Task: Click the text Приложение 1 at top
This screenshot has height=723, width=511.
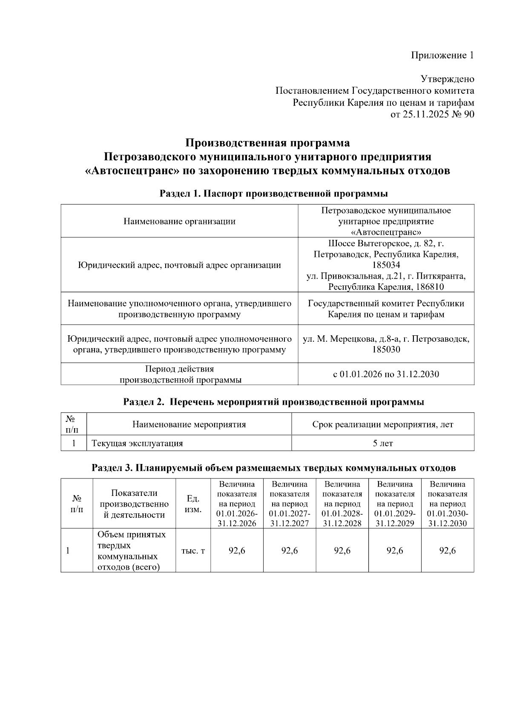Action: pos(442,55)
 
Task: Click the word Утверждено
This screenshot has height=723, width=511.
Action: pos(447,79)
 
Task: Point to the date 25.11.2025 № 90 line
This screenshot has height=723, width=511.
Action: pos(432,114)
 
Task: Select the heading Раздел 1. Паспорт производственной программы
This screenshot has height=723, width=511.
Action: pos(273,194)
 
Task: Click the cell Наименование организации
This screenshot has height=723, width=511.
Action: pos(179,222)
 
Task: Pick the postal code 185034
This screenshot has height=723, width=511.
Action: pos(386,265)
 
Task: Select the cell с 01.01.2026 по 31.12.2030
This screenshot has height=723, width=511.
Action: pos(386,374)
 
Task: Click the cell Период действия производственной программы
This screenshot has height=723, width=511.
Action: pos(179,374)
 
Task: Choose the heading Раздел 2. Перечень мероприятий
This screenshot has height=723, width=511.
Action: pos(273,402)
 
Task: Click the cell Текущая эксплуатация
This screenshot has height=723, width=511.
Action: pos(137,444)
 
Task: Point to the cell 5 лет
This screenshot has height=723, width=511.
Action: pos(382,444)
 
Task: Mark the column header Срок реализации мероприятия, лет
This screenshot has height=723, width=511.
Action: pos(382,425)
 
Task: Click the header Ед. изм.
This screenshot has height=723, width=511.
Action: pos(194,504)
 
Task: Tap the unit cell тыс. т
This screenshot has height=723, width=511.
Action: pos(193,551)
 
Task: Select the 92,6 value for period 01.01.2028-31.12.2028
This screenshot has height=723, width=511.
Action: pos(342,551)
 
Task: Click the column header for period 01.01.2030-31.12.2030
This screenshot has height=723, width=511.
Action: pos(447,504)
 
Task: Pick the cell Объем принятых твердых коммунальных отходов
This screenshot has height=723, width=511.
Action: pos(132,551)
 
